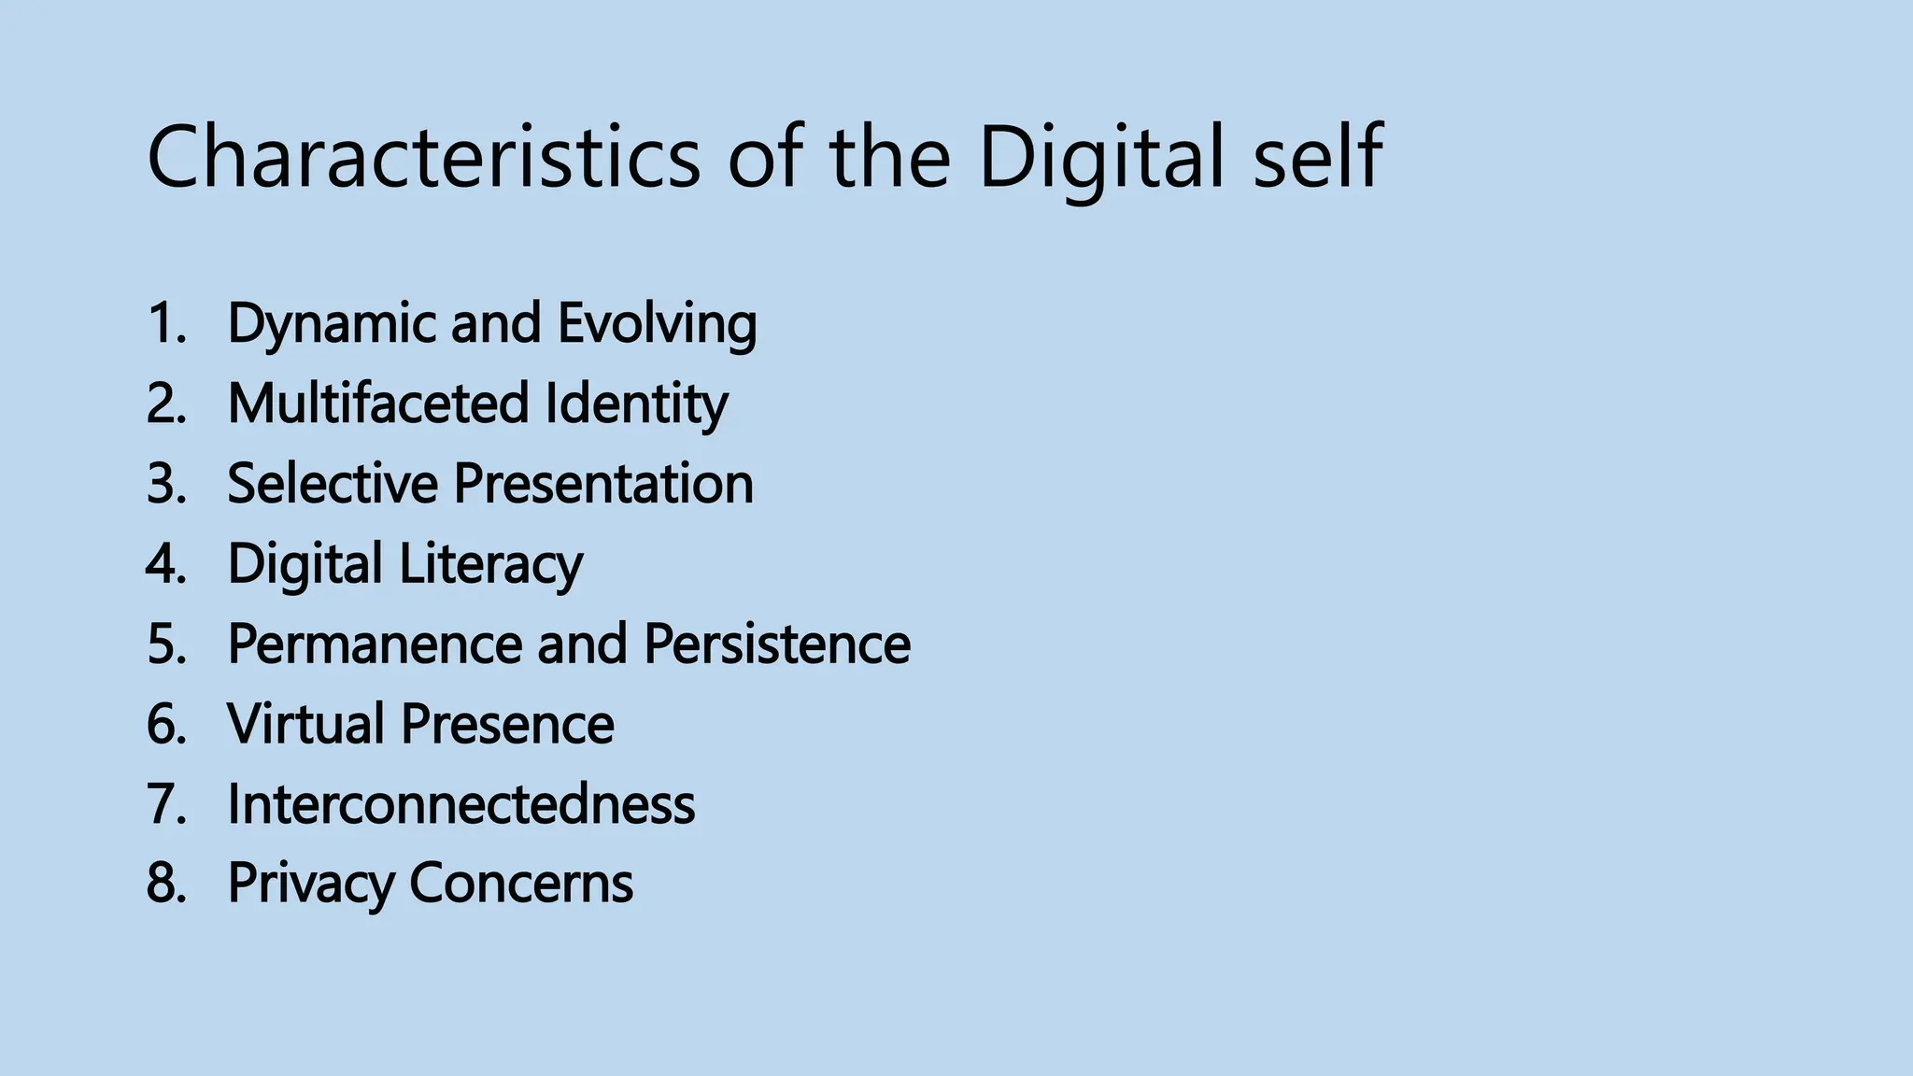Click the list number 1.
pos(165,323)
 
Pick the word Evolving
pos(657,323)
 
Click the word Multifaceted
pos(378,403)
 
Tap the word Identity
pos(636,403)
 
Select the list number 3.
pos(165,484)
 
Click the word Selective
pos(332,484)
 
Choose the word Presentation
pos(603,484)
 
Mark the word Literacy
pos(491,564)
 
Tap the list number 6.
pos(165,724)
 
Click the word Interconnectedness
pos(461,804)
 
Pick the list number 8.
pos(165,884)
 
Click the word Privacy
pos(309,884)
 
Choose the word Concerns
pos(521,884)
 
